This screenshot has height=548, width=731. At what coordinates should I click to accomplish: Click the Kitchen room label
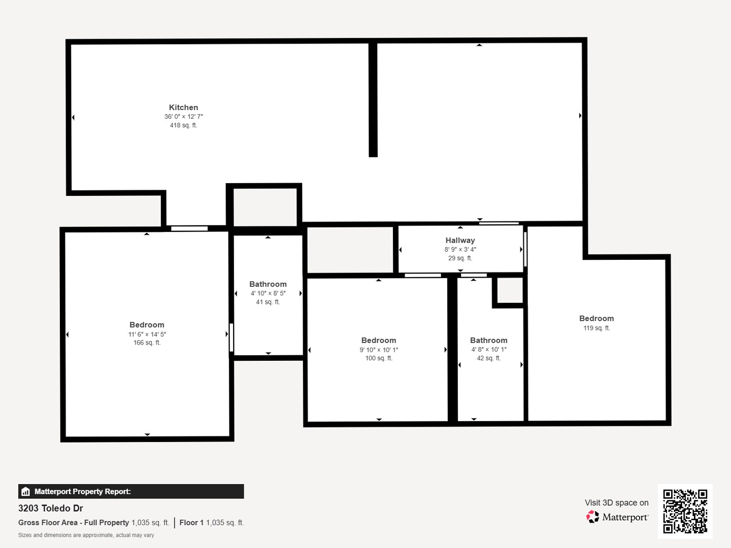pos(183,108)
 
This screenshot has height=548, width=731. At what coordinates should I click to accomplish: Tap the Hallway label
pos(460,241)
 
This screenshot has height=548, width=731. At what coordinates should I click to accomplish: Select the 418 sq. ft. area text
pos(183,125)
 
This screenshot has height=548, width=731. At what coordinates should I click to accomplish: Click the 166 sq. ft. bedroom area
pos(147,343)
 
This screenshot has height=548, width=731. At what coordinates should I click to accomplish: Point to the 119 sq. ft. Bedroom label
pos(596,319)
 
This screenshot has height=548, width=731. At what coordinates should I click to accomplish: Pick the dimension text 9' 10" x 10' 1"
pos(379,350)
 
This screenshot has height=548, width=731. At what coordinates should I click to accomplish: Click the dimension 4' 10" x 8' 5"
pos(268,293)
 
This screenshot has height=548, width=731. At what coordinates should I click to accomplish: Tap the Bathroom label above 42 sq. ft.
pos(488,340)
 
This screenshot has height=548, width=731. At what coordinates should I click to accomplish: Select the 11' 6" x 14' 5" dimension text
pos(147,334)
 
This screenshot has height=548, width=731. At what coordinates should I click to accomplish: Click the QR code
pos(685,511)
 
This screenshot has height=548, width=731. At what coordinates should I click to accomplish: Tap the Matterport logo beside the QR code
pos(617,517)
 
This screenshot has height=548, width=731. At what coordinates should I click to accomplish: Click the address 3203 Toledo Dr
pos(51,508)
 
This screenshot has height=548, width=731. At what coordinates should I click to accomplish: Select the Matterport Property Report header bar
pos(131,491)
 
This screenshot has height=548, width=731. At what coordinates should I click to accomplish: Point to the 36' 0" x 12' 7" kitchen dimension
pos(183,117)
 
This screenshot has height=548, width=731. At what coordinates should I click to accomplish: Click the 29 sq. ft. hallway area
pos(460,258)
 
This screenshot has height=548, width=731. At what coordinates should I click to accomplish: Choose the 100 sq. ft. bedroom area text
pos(379,358)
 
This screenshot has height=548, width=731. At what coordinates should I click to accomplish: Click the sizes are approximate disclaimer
pos(86,535)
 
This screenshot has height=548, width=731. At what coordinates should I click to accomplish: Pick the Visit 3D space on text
pos(616,503)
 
